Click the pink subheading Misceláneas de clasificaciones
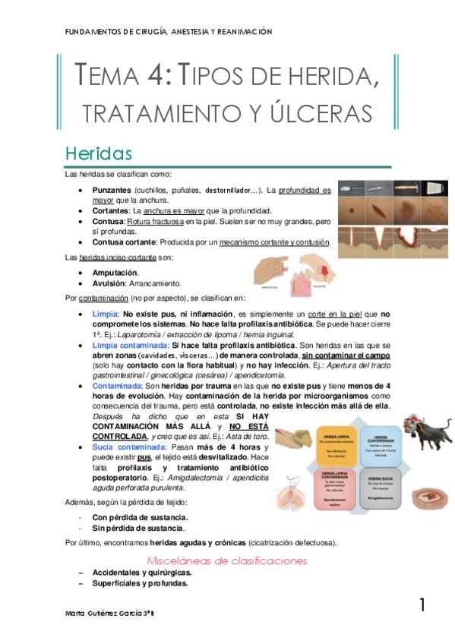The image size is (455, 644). tap(226, 560)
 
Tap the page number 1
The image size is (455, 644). tap(422, 605)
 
